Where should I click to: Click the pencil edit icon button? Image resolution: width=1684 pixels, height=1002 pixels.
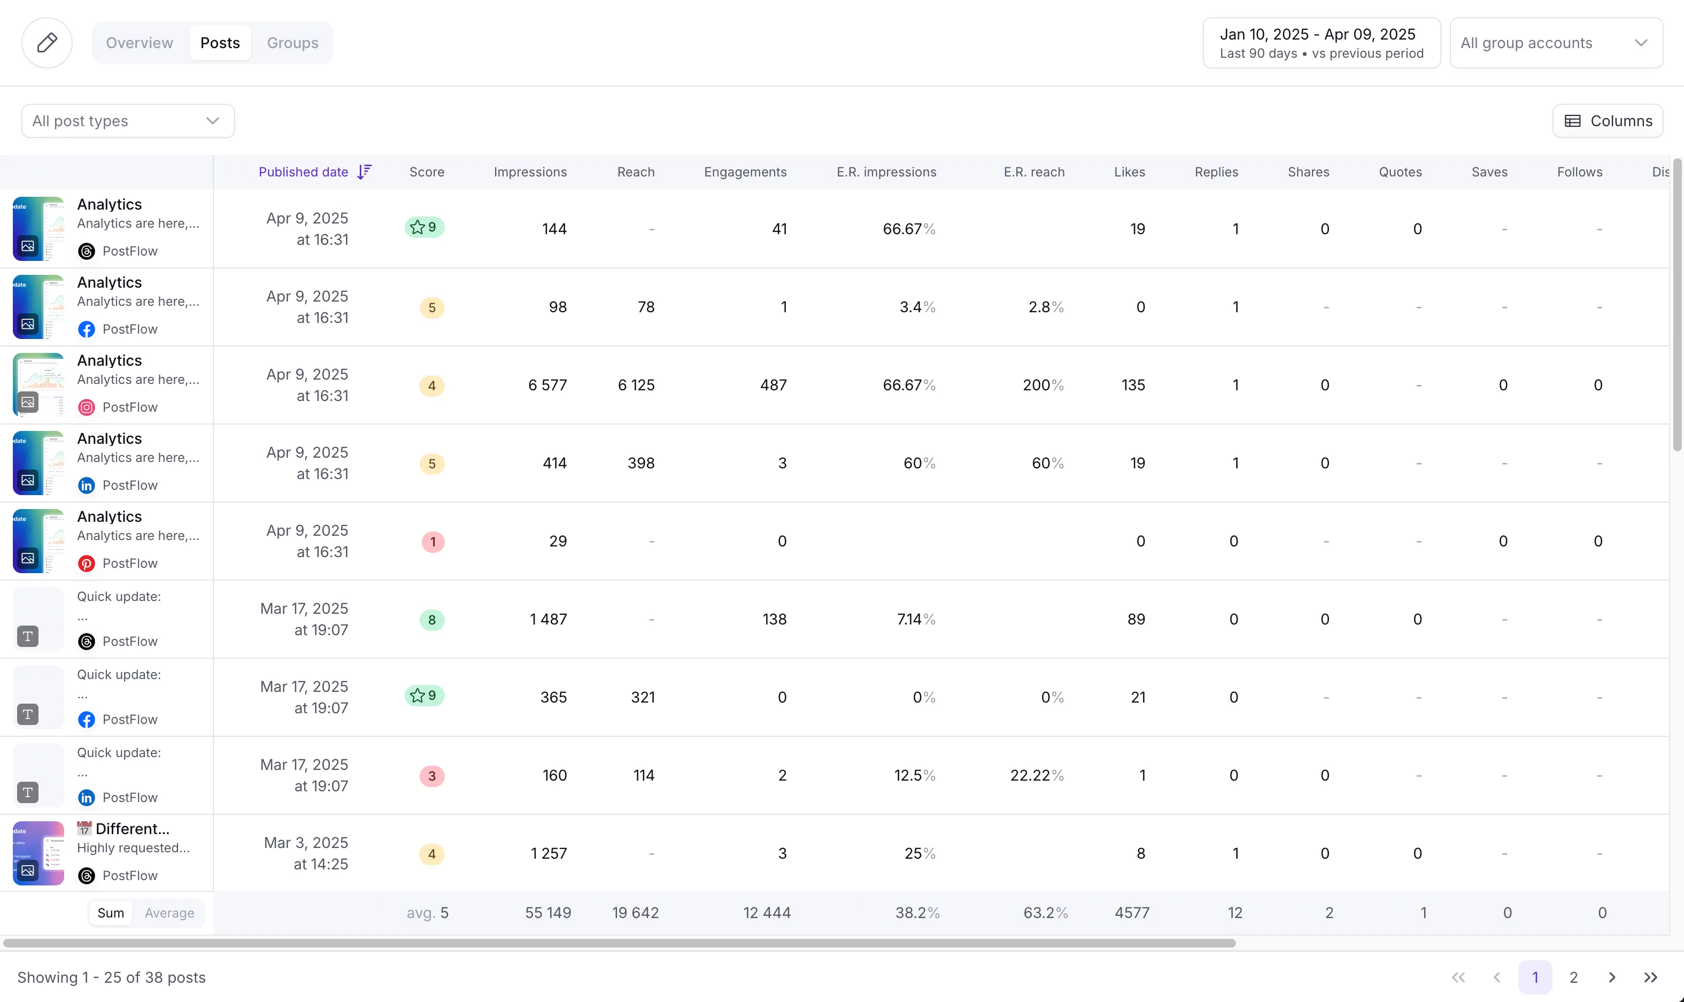click(x=47, y=43)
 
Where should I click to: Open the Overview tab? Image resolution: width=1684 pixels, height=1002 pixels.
click(x=139, y=43)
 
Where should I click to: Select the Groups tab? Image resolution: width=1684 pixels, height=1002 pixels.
click(x=292, y=43)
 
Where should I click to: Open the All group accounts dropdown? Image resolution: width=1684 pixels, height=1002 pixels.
click(x=1555, y=43)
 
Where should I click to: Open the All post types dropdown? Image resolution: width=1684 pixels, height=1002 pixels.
click(x=128, y=121)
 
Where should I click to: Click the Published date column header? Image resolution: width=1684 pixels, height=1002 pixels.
click(x=303, y=172)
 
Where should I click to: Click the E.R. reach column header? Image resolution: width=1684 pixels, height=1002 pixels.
click(x=1033, y=172)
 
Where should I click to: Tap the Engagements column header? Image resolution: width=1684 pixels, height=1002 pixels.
click(x=745, y=172)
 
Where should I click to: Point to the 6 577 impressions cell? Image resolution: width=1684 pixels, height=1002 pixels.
click(x=547, y=385)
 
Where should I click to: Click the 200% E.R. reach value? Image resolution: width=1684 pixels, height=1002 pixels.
click(x=1042, y=385)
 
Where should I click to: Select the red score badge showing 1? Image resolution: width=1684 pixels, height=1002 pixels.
click(x=432, y=542)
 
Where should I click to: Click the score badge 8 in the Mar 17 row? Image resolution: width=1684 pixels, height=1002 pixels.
click(x=431, y=620)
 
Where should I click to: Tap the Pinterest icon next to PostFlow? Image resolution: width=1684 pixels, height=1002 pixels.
click(x=87, y=563)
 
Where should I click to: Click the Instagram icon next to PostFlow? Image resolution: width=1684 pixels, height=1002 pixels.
click(x=87, y=407)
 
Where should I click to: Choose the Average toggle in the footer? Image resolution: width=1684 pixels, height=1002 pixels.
click(x=169, y=913)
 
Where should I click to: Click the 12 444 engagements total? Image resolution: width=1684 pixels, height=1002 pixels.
click(x=766, y=913)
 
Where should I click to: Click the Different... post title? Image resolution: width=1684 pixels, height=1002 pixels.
click(x=132, y=828)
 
